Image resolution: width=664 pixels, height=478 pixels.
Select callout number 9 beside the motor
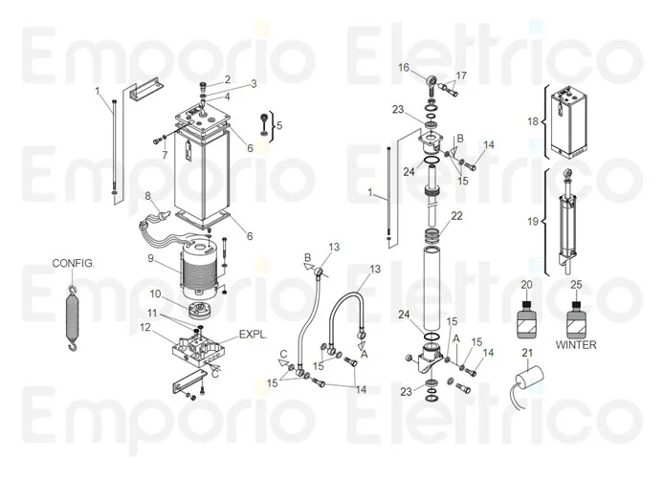[150, 258]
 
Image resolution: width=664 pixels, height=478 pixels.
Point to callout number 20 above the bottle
[525, 285]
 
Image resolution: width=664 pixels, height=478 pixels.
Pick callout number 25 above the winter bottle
[576, 285]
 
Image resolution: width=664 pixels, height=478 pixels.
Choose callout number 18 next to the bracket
[534, 121]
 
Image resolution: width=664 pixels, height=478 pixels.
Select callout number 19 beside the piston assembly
[534, 222]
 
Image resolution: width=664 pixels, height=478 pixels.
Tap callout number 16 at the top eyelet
[404, 67]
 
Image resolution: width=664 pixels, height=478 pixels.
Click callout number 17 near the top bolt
[461, 76]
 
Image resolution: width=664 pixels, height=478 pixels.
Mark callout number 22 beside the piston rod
[456, 215]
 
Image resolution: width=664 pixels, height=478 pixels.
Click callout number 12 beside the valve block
[144, 327]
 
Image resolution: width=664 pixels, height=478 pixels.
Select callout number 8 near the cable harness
[148, 196]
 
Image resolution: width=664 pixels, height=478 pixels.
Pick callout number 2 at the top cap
[227, 78]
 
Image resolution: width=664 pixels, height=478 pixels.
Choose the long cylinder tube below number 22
[434, 277]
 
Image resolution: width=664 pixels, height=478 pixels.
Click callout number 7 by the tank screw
[164, 153]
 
